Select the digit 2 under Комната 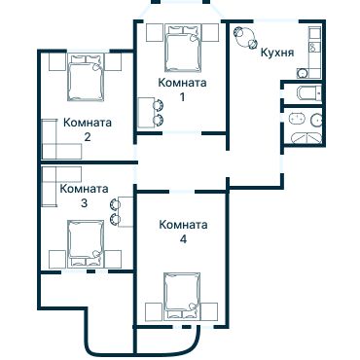[88, 137]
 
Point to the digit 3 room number [84, 203]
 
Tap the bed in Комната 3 [86, 241]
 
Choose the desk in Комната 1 [145, 112]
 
